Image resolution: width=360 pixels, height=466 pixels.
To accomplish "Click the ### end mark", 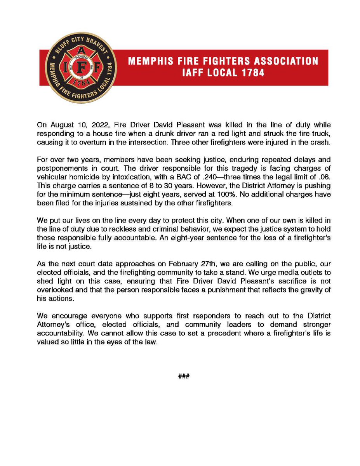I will tap(183, 376).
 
